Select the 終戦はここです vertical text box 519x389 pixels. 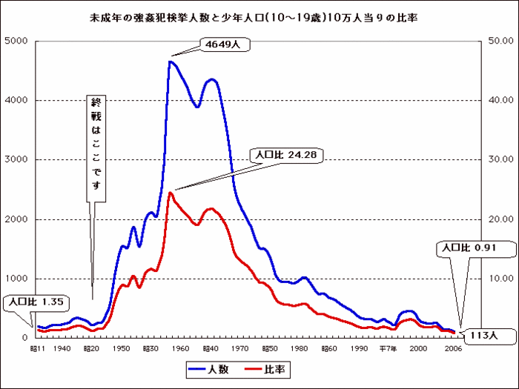coord(94,147)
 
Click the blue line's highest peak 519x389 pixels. coord(170,61)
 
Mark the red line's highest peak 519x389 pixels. coord(171,193)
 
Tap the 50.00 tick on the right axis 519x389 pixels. coord(495,41)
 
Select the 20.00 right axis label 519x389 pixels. coord(495,219)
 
